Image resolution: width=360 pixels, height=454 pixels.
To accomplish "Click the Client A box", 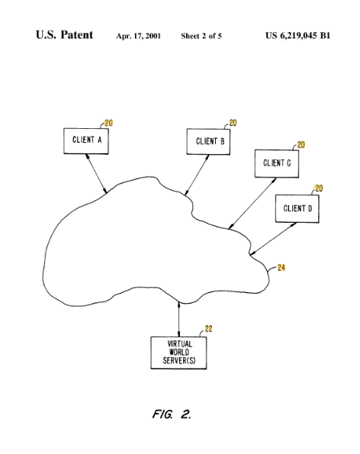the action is point(86,141).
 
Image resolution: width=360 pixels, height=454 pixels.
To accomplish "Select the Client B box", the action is point(208,142).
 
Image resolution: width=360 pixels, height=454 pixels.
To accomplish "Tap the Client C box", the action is point(277,163).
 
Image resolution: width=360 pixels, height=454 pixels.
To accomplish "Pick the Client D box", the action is point(297,208).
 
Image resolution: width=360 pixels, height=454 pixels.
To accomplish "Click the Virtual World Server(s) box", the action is point(178,353).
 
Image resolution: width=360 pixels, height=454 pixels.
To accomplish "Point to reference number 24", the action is point(281,268).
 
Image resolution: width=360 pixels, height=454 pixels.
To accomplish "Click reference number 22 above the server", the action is point(209,329).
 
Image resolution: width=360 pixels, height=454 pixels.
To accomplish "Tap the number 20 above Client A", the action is point(108,123).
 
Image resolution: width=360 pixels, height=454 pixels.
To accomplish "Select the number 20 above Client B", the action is point(233,123).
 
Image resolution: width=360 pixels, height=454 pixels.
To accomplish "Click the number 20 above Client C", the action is point(301,145).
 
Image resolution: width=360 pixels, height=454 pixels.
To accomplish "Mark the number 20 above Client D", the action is point(319,188).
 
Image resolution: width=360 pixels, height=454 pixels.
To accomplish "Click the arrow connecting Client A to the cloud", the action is point(96,173).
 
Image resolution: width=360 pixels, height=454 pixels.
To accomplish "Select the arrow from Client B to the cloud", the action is point(197,175).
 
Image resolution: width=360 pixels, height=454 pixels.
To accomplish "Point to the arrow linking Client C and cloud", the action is point(252,204).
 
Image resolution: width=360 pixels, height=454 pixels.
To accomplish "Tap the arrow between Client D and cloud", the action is point(273,239).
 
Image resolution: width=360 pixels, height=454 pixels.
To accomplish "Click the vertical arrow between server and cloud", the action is point(178,319).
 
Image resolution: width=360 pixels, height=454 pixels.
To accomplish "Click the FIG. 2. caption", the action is point(172,414).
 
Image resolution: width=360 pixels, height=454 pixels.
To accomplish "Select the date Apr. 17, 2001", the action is point(138,36).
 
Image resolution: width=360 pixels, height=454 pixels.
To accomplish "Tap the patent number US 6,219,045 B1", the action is point(297,35).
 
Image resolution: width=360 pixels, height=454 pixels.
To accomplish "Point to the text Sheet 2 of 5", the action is point(201,36).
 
